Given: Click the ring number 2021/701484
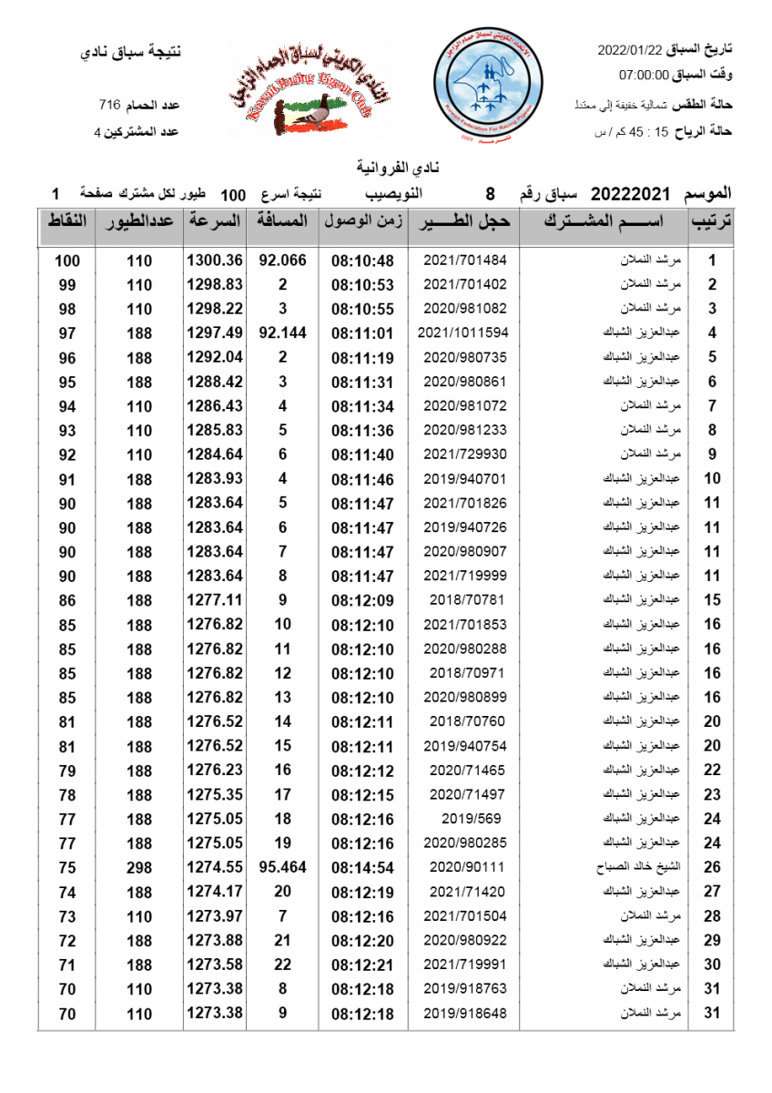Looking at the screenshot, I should point(464,260).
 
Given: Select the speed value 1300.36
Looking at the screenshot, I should point(215,260).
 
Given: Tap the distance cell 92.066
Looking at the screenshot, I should point(282,260).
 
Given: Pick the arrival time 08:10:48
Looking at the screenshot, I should point(362,260).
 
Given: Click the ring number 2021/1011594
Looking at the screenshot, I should point(463,332).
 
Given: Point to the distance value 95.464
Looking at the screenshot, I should point(282,867).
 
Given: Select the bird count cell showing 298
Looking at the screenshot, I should point(139,867).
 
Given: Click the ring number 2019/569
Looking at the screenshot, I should point(464,819).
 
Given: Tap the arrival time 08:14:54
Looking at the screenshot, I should point(362,867).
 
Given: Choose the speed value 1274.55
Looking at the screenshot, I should point(215,867).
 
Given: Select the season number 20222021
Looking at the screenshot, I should point(631,194).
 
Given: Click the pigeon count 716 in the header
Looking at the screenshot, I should point(110,106).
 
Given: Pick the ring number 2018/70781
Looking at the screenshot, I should point(464,599).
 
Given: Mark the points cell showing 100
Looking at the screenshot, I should point(67,260).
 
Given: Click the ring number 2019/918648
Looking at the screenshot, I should point(464,1013).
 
